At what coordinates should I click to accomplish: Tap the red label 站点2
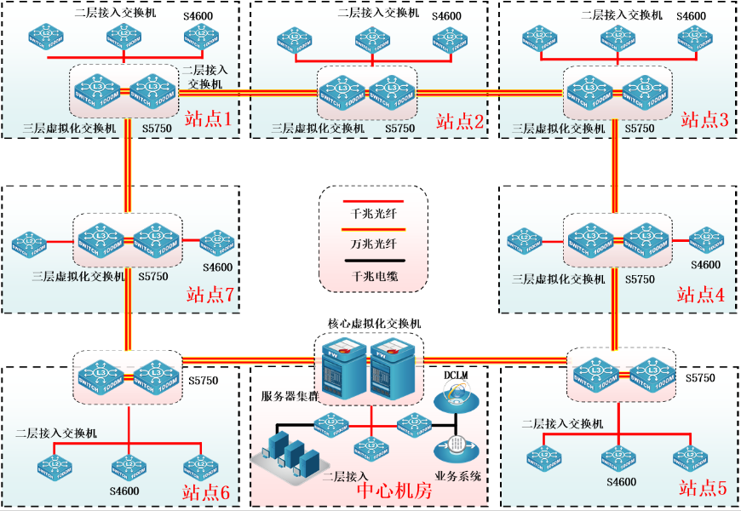click(x=460, y=121)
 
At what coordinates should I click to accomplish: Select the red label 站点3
click(x=704, y=119)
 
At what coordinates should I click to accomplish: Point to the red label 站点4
click(x=701, y=295)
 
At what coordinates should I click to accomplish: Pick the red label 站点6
click(x=206, y=491)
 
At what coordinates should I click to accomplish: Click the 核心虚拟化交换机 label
click(x=374, y=324)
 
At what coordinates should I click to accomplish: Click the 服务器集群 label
click(x=290, y=396)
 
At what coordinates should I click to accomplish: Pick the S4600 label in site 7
click(x=217, y=267)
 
